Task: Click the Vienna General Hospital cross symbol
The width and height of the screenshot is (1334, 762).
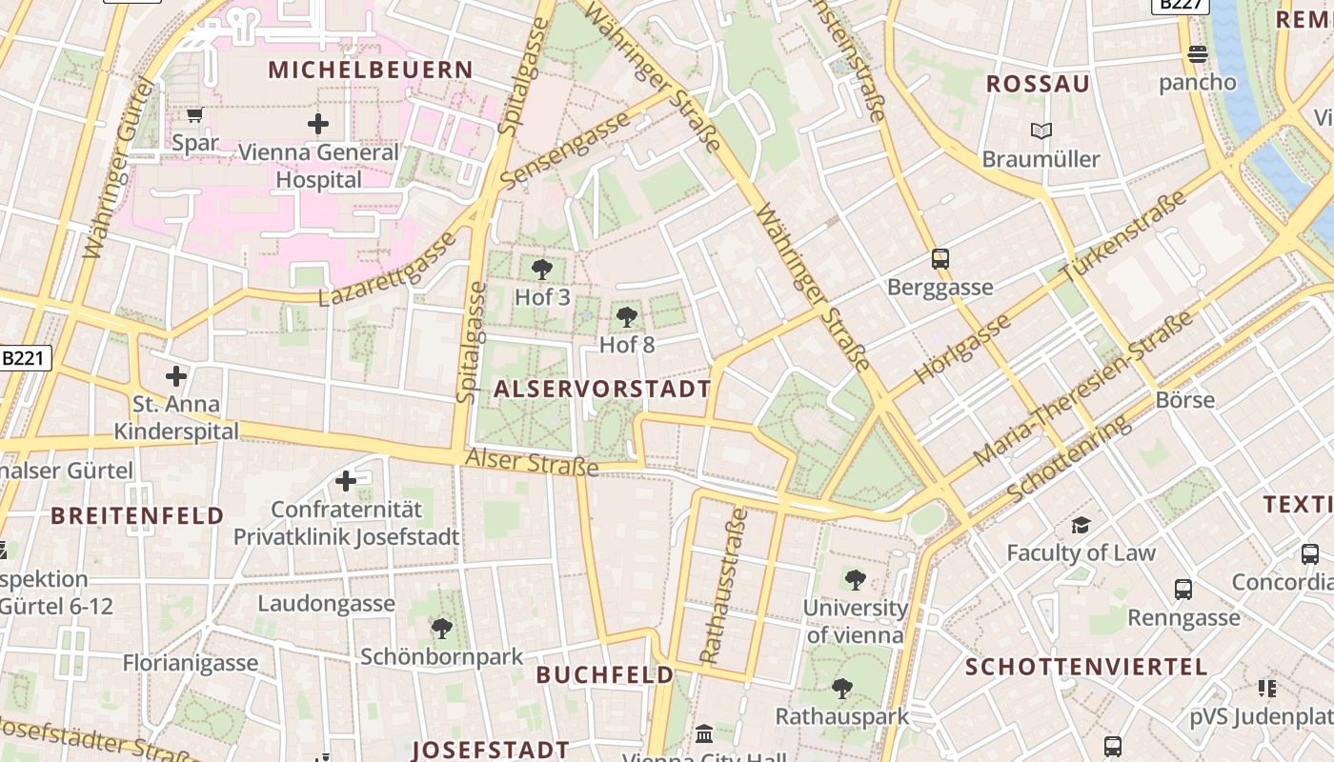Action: click(x=318, y=124)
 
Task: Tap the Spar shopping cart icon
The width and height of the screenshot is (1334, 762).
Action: click(x=195, y=115)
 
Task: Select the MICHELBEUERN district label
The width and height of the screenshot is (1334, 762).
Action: click(x=371, y=70)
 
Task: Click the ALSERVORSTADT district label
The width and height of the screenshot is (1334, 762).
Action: click(x=602, y=389)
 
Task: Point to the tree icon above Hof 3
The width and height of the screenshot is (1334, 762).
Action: click(x=542, y=270)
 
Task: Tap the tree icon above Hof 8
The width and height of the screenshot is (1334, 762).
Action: click(x=626, y=317)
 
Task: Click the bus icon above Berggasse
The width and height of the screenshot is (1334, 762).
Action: click(x=940, y=259)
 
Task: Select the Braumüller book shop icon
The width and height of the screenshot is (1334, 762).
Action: click(x=1041, y=130)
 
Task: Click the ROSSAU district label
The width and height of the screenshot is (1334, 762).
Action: click(x=1038, y=84)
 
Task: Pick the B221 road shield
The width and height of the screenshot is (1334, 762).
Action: click(x=23, y=358)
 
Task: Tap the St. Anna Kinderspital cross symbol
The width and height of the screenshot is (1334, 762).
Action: click(x=176, y=375)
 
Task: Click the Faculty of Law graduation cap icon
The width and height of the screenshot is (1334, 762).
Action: click(x=1081, y=525)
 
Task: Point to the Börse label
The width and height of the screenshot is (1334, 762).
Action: click(x=1184, y=399)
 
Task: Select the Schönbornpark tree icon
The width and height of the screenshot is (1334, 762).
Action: click(x=442, y=628)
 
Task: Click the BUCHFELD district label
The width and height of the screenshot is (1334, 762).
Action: click(x=605, y=675)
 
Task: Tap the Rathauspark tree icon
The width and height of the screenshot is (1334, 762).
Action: click(x=841, y=688)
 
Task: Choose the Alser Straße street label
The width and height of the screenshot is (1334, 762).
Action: click(x=532, y=463)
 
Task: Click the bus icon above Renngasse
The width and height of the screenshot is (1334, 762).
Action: click(x=1183, y=590)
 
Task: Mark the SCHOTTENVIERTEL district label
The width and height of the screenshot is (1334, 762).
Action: click(x=1086, y=667)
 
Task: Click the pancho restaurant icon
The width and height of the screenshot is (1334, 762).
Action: click(x=1198, y=54)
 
